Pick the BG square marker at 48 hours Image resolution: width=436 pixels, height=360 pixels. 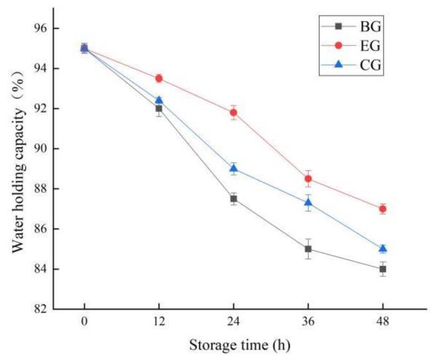383,269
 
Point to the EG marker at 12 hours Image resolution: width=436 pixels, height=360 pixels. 159,78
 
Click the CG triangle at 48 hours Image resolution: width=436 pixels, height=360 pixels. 383,249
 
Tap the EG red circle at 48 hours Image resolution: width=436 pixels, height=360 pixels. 383,209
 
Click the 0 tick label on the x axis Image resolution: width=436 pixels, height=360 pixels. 84,323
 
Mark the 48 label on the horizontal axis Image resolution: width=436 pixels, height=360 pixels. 383,323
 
